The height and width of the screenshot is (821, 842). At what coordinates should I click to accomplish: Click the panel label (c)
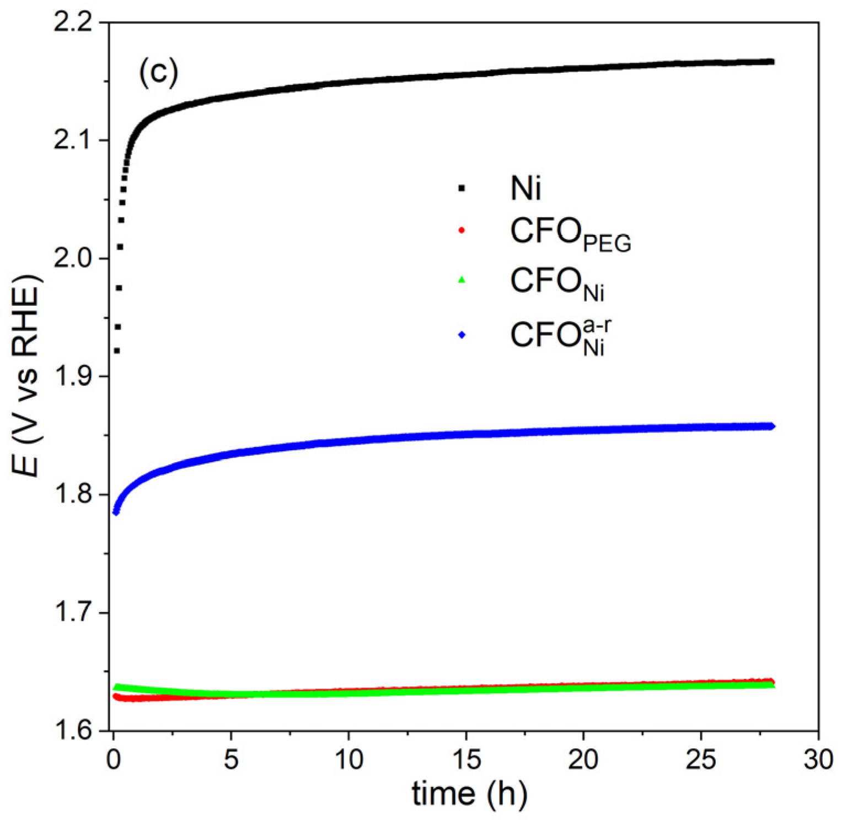pyautogui.click(x=158, y=72)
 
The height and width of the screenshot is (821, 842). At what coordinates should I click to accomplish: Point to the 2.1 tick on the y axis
pyautogui.click(x=75, y=141)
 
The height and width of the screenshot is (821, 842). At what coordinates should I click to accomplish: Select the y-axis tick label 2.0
pyautogui.click(x=75, y=259)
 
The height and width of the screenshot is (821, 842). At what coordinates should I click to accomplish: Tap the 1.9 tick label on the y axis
pyautogui.click(x=75, y=377)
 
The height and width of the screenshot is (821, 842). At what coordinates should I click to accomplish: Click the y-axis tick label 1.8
pyautogui.click(x=75, y=495)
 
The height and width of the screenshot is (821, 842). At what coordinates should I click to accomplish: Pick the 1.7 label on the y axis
pyautogui.click(x=75, y=613)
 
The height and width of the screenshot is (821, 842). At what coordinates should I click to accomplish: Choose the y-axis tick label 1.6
pyautogui.click(x=75, y=731)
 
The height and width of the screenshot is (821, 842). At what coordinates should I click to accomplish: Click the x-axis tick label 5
pyautogui.click(x=231, y=759)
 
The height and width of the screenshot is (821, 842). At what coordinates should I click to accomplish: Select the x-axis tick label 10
pyautogui.click(x=348, y=759)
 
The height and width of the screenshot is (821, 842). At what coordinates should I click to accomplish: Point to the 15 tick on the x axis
pyautogui.click(x=466, y=759)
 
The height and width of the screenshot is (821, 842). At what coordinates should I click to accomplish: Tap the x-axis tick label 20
pyautogui.click(x=583, y=759)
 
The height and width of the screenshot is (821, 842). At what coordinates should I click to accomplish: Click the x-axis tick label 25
pyautogui.click(x=701, y=759)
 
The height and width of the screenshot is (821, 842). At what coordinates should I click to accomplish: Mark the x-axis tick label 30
pyautogui.click(x=818, y=759)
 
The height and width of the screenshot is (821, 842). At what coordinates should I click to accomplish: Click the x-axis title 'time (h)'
pyautogui.click(x=469, y=793)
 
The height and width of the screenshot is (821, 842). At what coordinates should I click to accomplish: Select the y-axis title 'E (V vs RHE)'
pyautogui.click(x=26, y=375)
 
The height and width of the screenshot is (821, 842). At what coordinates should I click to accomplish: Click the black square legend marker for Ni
pyautogui.click(x=462, y=188)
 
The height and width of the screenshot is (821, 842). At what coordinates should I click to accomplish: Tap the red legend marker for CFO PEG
pyautogui.click(x=462, y=230)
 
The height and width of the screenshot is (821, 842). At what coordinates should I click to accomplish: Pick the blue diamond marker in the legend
pyautogui.click(x=462, y=334)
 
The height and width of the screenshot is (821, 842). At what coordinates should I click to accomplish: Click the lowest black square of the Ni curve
pyautogui.click(x=117, y=351)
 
